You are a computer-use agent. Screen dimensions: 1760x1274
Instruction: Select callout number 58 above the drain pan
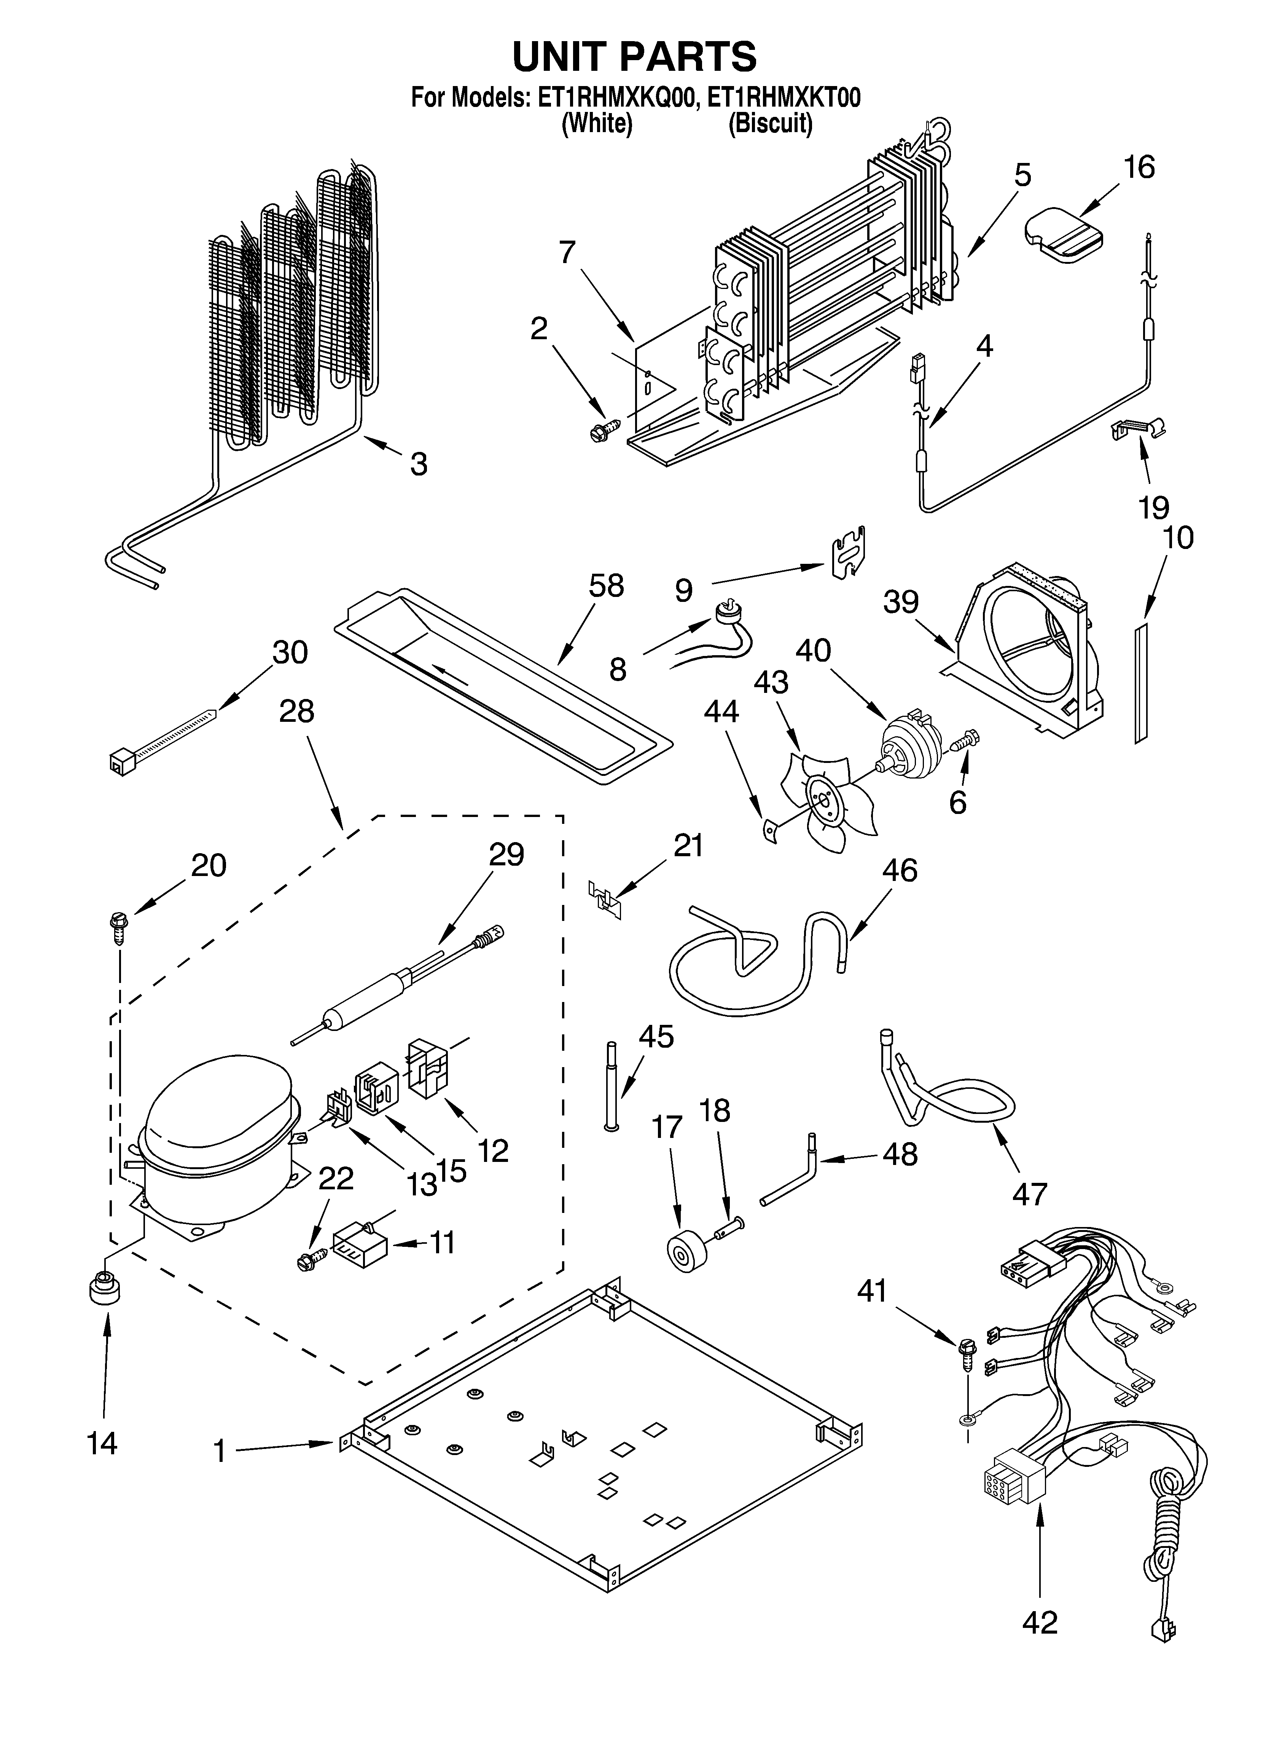[606, 587]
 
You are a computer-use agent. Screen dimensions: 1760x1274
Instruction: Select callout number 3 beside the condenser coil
[418, 464]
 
